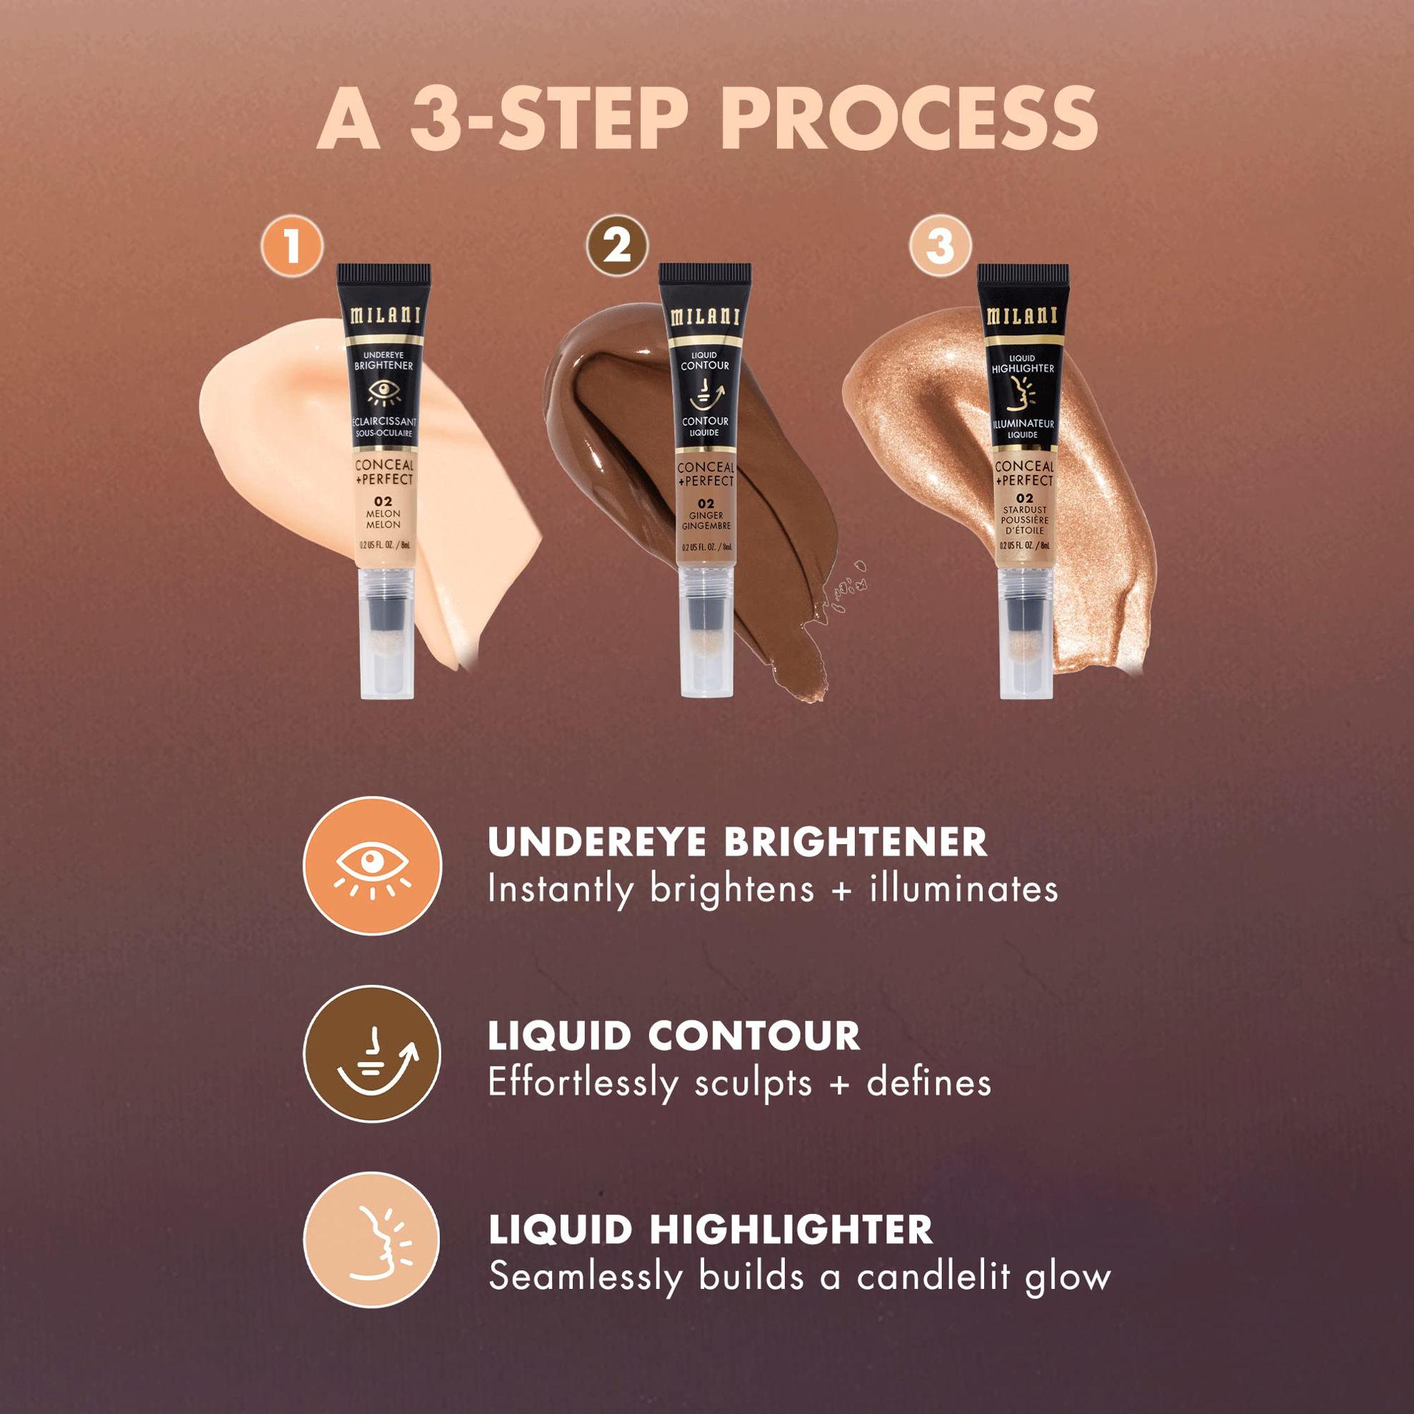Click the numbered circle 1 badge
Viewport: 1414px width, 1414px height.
(292, 246)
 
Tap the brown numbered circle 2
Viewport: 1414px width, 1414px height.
(617, 245)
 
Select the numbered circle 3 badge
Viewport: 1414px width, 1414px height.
(940, 245)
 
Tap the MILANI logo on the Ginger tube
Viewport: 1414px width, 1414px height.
(704, 316)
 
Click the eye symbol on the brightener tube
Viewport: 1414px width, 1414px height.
(383, 393)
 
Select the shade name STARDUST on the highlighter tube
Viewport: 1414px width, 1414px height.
(1025, 509)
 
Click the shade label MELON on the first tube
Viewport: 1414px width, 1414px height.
(383, 513)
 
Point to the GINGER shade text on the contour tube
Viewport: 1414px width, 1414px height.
(706, 515)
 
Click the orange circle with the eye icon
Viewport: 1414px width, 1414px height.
(373, 865)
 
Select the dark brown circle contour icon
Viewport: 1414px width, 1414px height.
(373, 1054)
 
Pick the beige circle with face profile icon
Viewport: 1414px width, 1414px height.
(372, 1240)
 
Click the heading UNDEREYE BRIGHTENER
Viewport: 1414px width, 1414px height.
(737, 843)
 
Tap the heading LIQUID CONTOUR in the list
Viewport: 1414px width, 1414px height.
(673, 1036)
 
